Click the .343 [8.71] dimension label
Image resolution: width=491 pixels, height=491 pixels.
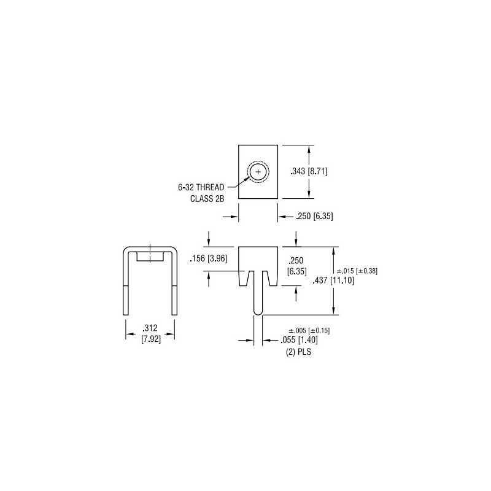[x=309, y=171]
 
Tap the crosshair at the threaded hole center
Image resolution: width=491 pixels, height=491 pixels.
[x=258, y=172]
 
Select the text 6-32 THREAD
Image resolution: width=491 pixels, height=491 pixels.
[x=201, y=187]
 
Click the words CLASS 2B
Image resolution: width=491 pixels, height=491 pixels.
[x=207, y=199]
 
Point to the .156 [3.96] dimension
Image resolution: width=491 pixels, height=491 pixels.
[x=208, y=258]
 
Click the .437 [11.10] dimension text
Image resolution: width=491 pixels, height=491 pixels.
[x=333, y=280]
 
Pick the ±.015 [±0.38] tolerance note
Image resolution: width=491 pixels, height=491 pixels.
[x=357, y=271]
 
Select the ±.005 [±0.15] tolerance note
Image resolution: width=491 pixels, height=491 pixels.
[x=309, y=330]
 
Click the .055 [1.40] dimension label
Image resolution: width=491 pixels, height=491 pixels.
[x=299, y=340]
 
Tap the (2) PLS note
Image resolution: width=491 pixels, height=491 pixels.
[x=298, y=352]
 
